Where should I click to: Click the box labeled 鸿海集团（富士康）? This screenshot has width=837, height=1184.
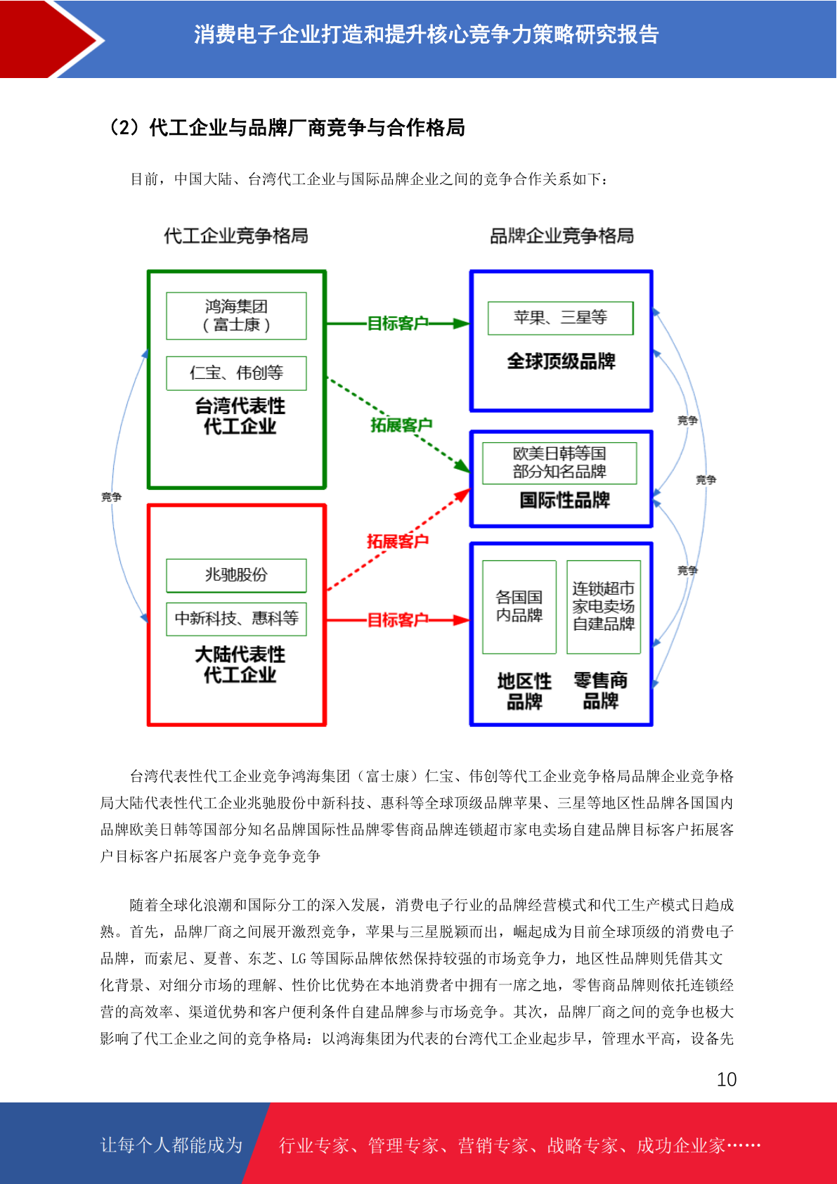click(x=236, y=316)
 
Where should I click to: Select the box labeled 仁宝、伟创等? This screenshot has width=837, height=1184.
click(x=236, y=373)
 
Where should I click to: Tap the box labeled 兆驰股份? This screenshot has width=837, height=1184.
click(x=236, y=575)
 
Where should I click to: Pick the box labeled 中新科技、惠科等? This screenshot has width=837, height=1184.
click(x=236, y=619)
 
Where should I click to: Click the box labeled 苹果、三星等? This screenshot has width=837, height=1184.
click(x=561, y=318)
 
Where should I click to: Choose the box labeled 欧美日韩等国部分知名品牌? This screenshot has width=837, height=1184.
click(x=559, y=463)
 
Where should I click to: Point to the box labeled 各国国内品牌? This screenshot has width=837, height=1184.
click(x=519, y=607)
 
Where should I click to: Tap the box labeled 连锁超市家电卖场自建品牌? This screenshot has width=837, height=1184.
click(x=604, y=607)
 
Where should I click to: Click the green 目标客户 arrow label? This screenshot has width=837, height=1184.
click(x=397, y=323)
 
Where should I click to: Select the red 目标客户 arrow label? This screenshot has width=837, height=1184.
click(x=397, y=619)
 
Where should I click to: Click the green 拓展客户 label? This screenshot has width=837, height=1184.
click(x=401, y=425)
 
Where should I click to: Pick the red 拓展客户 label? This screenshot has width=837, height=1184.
click(x=397, y=541)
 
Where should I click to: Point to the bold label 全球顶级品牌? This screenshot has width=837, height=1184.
click(x=562, y=361)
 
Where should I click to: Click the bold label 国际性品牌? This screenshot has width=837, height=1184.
click(x=565, y=499)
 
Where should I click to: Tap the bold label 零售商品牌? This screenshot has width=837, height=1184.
click(x=601, y=690)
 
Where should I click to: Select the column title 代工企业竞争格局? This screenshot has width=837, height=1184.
click(x=235, y=236)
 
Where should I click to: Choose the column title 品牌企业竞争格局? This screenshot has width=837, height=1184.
click(x=562, y=236)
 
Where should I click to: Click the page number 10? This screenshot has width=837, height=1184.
click(x=727, y=1079)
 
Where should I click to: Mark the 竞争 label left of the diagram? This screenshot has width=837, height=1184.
click(x=112, y=497)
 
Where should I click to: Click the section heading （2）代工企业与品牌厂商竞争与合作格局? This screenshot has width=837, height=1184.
click(x=286, y=127)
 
